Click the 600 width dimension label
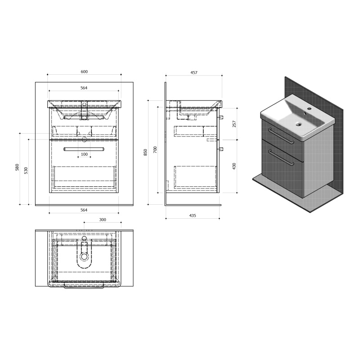pos(84,72)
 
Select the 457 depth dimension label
pos(194,72)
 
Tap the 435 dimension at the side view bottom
pos(193,216)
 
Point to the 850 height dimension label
pos(145,153)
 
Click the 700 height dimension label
pos(155,150)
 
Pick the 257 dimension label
pos(234,124)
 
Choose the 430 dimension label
pos(234,166)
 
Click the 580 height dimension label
pos(17,167)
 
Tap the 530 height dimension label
pos(26,171)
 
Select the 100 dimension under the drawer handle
pos(84,154)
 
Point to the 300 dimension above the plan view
pos(103,220)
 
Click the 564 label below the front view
pos(84,210)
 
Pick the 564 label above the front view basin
pos(84,88)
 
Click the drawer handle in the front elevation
pos(84,149)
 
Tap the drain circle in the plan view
pos(84,256)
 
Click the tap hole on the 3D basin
pos(309,108)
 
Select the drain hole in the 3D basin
pos(299,124)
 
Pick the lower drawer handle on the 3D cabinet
pos(281,157)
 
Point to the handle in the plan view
pos(84,287)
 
